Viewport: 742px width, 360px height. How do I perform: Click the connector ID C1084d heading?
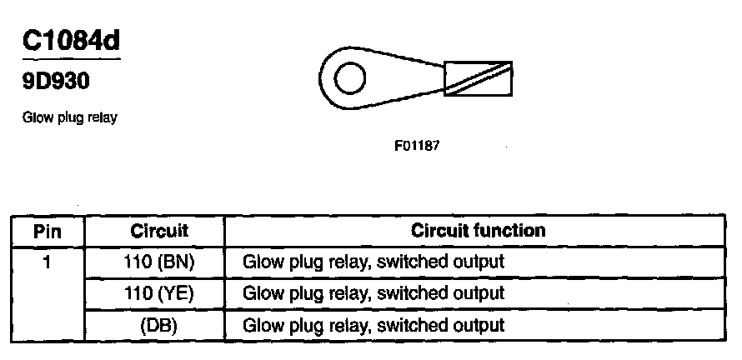[x=71, y=42]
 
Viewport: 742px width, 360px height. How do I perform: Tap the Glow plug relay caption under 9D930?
[x=69, y=117]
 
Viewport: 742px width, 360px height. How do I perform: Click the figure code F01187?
[x=417, y=145]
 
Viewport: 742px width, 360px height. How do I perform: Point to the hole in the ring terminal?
[x=349, y=79]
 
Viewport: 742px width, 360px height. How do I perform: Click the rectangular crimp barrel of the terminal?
[x=478, y=79]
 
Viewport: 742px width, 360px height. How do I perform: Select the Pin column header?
[x=48, y=231]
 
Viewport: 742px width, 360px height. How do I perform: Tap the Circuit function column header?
[x=478, y=230]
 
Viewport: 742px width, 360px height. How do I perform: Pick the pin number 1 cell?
[x=48, y=262]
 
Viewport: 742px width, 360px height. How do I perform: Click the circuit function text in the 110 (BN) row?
[x=374, y=262]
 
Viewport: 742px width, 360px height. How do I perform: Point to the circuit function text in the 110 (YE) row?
[x=374, y=293]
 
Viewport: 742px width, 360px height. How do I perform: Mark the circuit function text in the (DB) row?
[x=374, y=325]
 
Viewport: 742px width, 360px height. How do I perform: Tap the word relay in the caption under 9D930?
[x=101, y=117]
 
